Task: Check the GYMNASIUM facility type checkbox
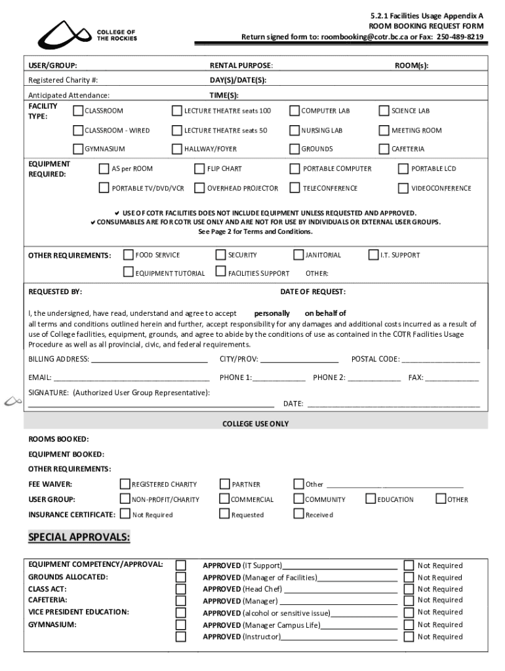[x=78, y=149]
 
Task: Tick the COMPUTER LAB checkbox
[x=294, y=111]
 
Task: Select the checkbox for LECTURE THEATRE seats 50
[x=177, y=130]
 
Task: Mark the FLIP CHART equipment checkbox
[x=200, y=169]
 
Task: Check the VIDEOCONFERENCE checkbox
[x=403, y=189]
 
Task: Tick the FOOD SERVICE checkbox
[x=129, y=255]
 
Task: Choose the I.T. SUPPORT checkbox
[x=374, y=255]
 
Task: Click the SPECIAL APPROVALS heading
[x=79, y=538]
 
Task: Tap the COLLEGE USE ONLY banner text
[x=255, y=424]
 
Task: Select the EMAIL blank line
[x=131, y=378]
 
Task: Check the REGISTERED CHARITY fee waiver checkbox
[x=125, y=485]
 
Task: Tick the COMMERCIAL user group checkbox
[x=224, y=500]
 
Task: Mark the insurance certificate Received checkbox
[x=298, y=515]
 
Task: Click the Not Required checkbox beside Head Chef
[x=409, y=589]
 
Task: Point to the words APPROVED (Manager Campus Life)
[x=262, y=625]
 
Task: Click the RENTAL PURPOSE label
[x=241, y=66]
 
